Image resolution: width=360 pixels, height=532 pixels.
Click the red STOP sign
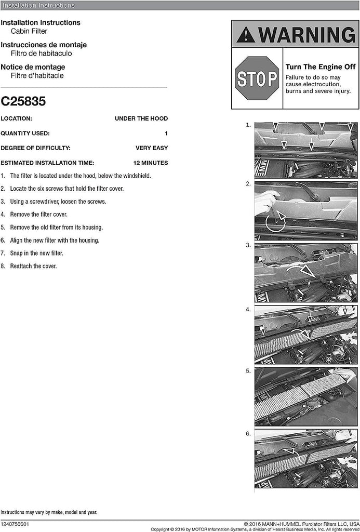click(257, 78)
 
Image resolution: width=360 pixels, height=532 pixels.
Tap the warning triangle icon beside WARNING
click(246, 35)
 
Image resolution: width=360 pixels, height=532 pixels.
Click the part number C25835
click(23, 101)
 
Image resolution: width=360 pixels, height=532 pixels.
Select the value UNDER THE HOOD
click(141, 118)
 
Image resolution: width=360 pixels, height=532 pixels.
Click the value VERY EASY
click(152, 148)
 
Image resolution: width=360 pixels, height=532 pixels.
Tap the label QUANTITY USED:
click(25, 134)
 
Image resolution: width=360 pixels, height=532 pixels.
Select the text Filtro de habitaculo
click(41, 54)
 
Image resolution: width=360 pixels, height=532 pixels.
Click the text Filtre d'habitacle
click(37, 76)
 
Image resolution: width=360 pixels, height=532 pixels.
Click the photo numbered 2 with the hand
click(305, 210)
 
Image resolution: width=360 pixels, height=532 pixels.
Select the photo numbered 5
click(305, 397)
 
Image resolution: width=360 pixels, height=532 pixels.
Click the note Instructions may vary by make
click(48, 512)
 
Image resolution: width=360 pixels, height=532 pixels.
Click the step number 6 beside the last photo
click(248, 433)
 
